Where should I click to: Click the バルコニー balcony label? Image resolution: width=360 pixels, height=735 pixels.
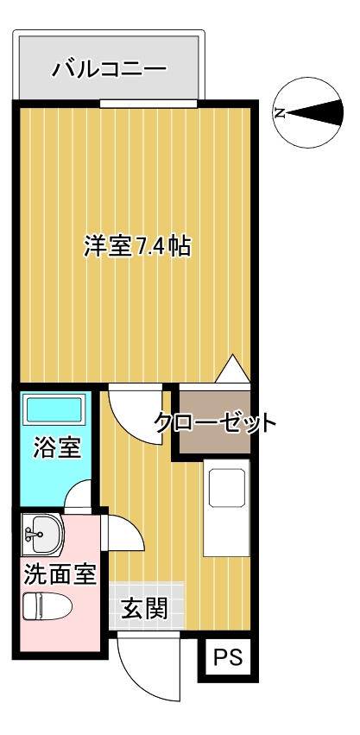(x=109, y=67)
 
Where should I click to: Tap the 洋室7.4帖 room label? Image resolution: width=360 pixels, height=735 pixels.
(x=136, y=246)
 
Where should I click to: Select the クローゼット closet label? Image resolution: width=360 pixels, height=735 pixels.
(x=215, y=423)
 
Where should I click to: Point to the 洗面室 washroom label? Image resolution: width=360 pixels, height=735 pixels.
(x=59, y=573)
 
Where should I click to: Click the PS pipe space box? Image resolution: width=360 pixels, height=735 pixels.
(x=228, y=658)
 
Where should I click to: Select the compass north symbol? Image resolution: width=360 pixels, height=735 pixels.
(x=307, y=113)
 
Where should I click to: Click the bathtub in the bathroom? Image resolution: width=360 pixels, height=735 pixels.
(x=54, y=409)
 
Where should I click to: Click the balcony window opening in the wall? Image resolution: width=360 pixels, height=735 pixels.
(x=148, y=104)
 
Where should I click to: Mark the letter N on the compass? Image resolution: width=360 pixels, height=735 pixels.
(x=279, y=113)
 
